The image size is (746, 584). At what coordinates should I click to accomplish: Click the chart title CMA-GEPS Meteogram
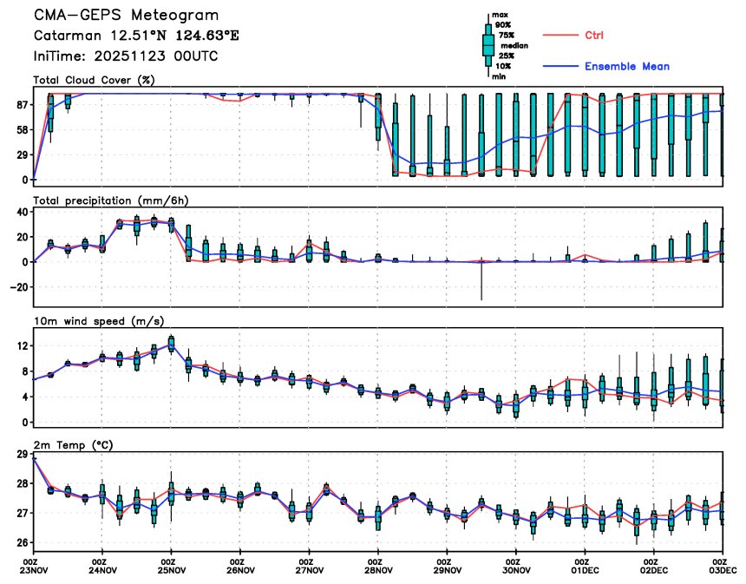(126, 16)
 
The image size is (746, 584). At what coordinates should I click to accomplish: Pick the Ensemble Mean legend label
(626, 66)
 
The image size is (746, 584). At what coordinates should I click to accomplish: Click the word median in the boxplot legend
(514, 44)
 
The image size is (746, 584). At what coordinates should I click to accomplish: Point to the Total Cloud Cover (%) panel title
(94, 81)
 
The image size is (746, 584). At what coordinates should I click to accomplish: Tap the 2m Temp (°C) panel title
(75, 444)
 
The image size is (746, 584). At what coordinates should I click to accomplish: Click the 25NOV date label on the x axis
(172, 570)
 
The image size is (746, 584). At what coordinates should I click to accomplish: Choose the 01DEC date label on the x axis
(586, 570)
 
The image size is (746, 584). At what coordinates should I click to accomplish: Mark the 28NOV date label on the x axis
(378, 570)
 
